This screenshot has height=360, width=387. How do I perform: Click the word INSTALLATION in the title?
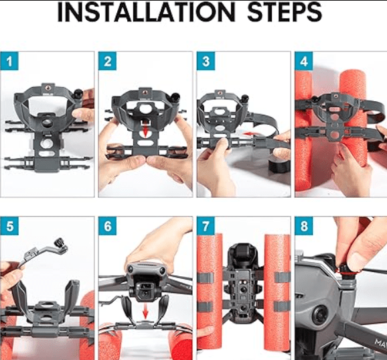pos(146,12)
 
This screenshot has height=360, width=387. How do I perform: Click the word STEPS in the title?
pos(285,12)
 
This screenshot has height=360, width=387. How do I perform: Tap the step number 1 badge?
pos(9,61)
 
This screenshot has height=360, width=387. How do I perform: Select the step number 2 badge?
pos(107,61)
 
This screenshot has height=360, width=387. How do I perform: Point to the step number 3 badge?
pos(206,61)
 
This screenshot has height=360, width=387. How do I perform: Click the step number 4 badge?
pos(304,61)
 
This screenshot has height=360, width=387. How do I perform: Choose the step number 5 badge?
pos(9,226)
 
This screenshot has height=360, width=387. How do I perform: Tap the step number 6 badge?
pos(107,226)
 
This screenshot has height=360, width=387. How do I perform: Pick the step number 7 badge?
pos(206,226)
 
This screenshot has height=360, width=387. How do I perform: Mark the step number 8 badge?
pos(304,226)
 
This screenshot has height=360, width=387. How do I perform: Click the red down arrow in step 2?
pos(145,131)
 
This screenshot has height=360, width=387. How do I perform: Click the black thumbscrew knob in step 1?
pos(79,94)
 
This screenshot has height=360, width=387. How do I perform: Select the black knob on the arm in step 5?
pos(61,243)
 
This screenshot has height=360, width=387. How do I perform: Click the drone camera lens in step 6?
pos(145,293)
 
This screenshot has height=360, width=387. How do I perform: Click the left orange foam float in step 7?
pos(210,292)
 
